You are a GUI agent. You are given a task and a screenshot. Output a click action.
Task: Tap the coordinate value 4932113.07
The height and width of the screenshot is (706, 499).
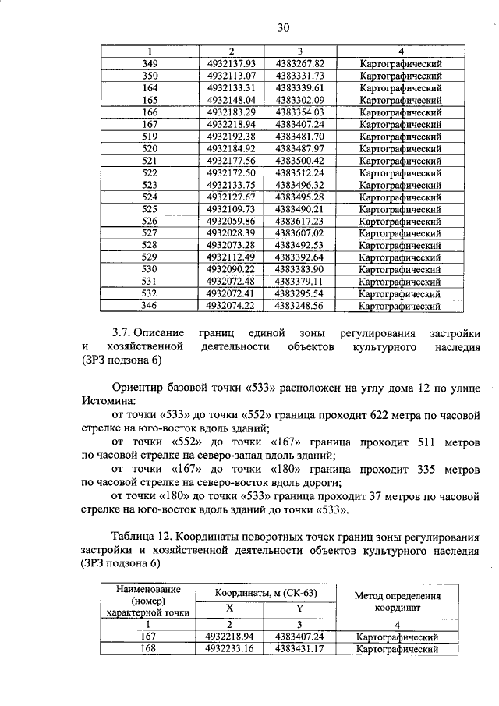pyautogui.click(x=232, y=76)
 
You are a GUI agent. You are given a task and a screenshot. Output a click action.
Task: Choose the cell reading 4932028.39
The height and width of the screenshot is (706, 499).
pyautogui.click(x=232, y=233)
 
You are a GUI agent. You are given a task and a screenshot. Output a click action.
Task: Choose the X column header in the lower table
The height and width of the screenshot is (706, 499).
pyautogui.click(x=229, y=608)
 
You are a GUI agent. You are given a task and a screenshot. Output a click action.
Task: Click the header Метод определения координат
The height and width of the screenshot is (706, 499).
pyautogui.click(x=398, y=601)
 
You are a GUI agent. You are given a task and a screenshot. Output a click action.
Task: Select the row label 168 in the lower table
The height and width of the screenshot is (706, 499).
pyautogui.click(x=148, y=649)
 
